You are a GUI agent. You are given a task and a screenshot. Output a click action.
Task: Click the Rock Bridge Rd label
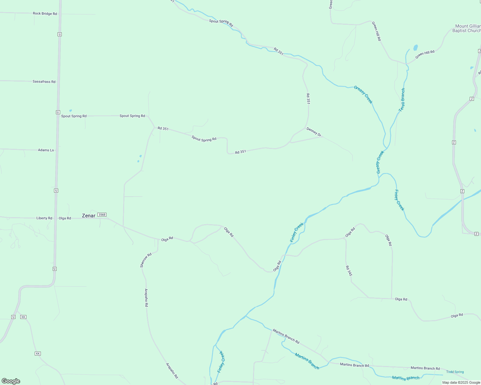click(x=45, y=14)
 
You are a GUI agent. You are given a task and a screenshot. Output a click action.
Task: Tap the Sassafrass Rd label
click(x=44, y=81)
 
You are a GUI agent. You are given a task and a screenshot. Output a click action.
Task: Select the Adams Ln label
click(x=46, y=150)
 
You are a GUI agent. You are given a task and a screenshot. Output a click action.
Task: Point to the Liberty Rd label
click(x=44, y=218)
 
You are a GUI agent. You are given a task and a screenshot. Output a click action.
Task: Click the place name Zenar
click(x=88, y=216)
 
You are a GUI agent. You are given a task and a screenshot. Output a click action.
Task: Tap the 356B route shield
click(x=102, y=215)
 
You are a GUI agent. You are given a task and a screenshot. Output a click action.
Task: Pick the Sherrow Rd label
click(x=146, y=260)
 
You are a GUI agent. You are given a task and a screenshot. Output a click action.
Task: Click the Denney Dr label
click(x=314, y=132)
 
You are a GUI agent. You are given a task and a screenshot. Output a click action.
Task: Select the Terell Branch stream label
click(x=402, y=100)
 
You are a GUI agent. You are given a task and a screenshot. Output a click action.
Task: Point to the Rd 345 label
click(x=349, y=271)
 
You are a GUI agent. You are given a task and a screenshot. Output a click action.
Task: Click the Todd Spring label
click(x=455, y=372)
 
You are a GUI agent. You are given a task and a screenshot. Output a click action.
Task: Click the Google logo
click(x=11, y=381)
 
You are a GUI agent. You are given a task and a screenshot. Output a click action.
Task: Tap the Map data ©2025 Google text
click(x=461, y=382)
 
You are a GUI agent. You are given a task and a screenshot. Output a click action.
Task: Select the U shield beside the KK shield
click(x=13, y=317)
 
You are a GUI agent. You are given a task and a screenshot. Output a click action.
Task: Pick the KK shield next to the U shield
click(x=23, y=317)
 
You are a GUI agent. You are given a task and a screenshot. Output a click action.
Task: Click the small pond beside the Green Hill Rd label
click(x=415, y=48)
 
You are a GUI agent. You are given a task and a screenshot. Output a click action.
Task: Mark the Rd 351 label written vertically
click(x=308, y=99)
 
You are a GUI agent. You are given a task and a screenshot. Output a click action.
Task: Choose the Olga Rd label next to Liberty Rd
click(x=65, y=218)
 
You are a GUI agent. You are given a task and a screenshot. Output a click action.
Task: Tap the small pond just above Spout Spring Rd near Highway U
click(x=70, y=111)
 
